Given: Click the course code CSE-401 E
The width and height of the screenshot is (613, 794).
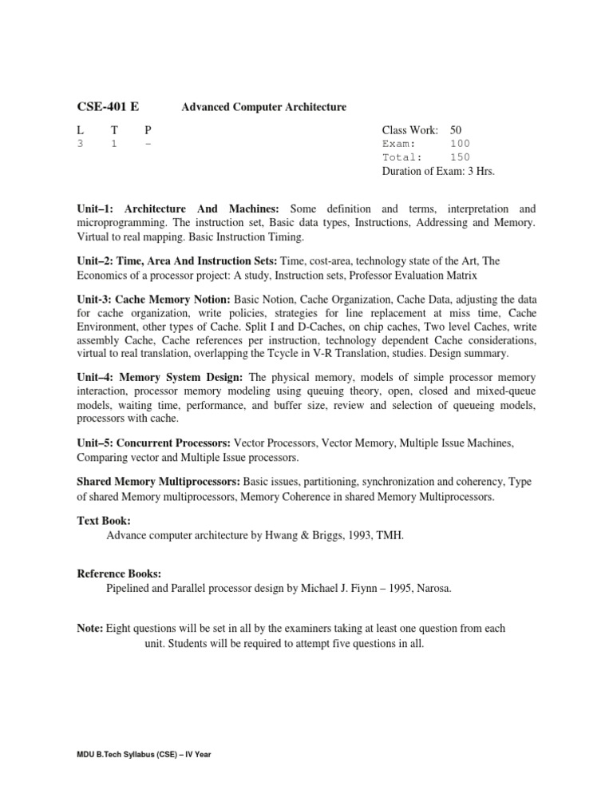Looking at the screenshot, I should pos(109,106).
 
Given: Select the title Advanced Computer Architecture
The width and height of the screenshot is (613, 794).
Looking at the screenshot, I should pos(263,107).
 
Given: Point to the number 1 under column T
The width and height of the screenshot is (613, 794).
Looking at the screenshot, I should pos(114,144).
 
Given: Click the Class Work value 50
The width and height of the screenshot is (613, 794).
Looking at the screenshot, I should pos(456,129).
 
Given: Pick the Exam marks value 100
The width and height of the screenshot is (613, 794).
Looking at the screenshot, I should pos(460,144).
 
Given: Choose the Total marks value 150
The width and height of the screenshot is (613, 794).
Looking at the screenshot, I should pos(460,157).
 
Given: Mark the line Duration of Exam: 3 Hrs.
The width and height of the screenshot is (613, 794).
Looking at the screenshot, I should pos(443,171).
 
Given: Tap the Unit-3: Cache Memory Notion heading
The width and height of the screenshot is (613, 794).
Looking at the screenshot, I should pos(153,298).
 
